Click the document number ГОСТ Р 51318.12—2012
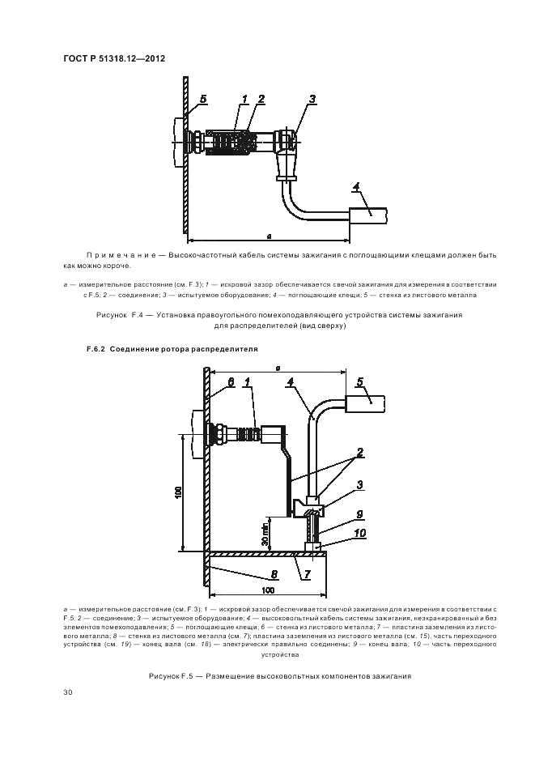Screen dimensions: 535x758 [114, 58]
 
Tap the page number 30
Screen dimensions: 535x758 [68, 692]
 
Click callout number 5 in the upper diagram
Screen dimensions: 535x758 [203, 99]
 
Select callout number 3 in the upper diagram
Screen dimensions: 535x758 [312, 99]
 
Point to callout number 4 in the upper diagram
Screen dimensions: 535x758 [356, 186]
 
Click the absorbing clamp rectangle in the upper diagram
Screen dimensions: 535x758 [368, 216]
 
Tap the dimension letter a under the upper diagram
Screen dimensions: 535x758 [269, 236]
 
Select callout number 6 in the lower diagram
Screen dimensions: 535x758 [231, 381]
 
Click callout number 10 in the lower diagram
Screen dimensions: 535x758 [359, 533]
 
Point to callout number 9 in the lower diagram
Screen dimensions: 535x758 [359, 515]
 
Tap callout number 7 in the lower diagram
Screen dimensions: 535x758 [307, 575]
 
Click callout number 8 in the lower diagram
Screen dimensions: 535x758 [274, 575]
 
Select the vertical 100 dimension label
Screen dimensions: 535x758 [178, 493]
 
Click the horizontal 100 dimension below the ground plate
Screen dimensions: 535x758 [268, 590]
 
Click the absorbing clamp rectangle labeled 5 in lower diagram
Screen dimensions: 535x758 [366, 403]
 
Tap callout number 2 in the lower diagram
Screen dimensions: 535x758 [360, 453]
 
